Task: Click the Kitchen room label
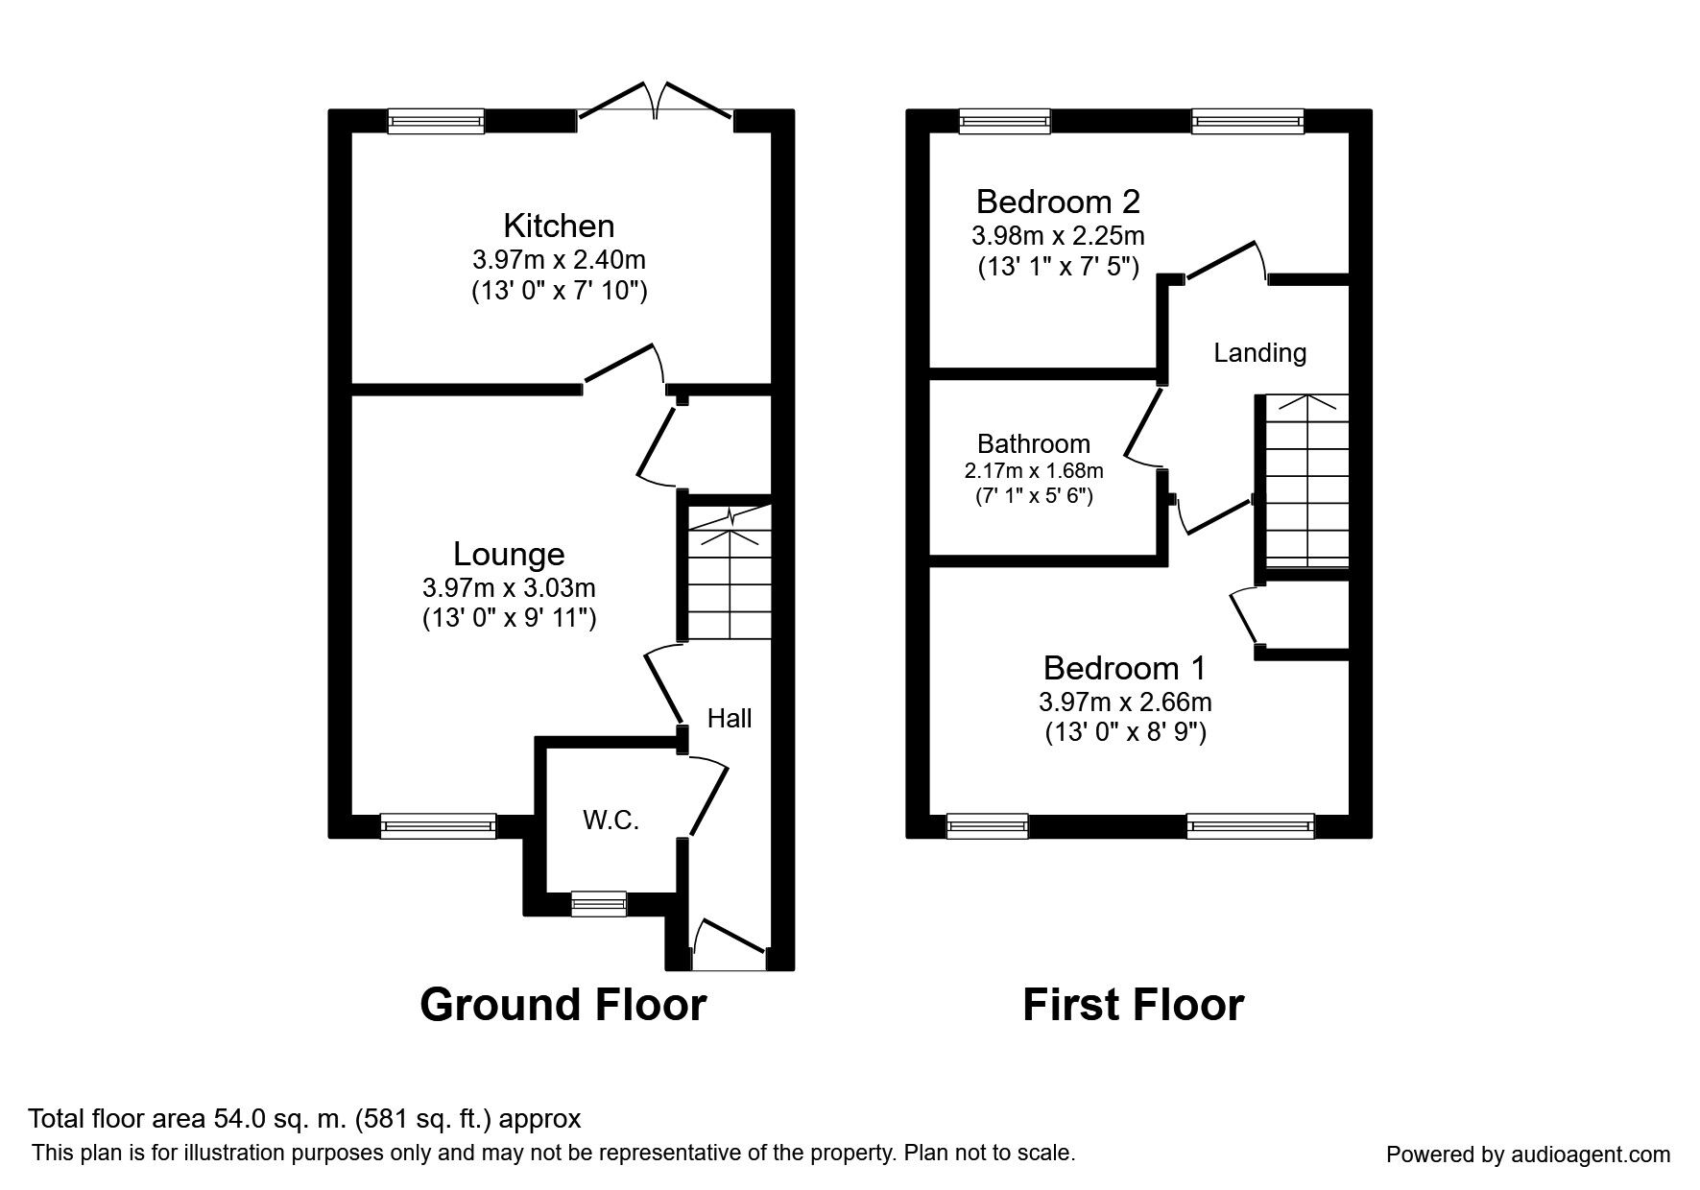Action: pyautogui.click(x=559, y=226)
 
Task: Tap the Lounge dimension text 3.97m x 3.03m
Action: pyautogui.click(x=509, y=587)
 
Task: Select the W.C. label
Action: pyautogui.click(x=611, y=821)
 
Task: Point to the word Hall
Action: pyautogui.click(x=730, y=718)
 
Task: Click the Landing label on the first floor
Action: pyautogui.click(x=1259, y=353)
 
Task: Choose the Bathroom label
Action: pyautogui.click(x=1034, y=443)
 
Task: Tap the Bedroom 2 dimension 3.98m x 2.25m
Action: pyautogui.click(x=1058, y=235)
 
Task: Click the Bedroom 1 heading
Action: pyautogui.click(x=1124, y=668)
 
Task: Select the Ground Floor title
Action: pyautogui.click(x=563, y=1005)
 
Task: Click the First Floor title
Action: pyautogui.click(x=1133, y=1005)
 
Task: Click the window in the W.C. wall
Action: pyautogui.click(x=598, y=903)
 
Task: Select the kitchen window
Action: pyautogui.click(x=436, y=121)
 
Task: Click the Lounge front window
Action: pyautogui.click(x=438, y=826)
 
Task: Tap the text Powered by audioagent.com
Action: pyautogui.click(x=1528, y=1154)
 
